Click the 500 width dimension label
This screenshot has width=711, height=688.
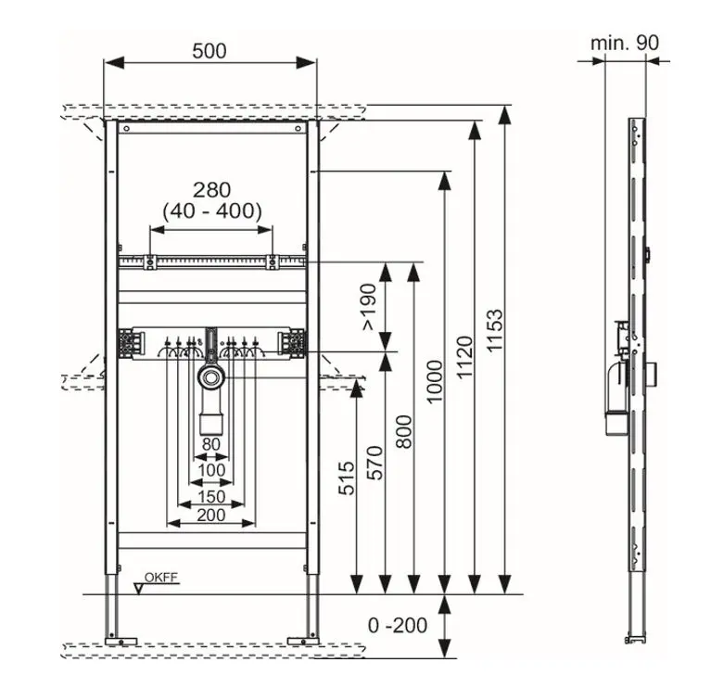(209, 52)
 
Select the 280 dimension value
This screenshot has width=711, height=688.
(211, 190)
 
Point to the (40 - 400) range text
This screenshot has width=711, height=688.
(211, 211)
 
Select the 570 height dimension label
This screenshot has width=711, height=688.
(375, 462)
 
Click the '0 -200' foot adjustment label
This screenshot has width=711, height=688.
(398, 625)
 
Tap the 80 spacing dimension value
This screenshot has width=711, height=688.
(212, 444)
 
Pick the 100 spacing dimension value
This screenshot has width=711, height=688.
(212, 470)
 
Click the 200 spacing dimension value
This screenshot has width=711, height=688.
(212, 516)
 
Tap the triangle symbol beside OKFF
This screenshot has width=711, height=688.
(140, 587)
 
